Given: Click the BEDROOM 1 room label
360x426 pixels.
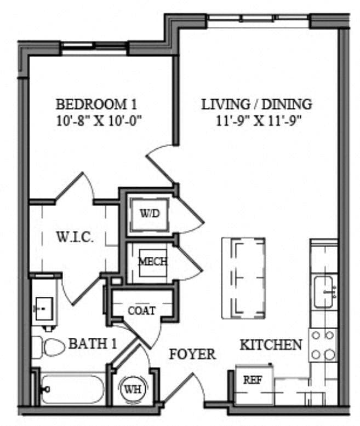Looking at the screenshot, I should click(96, 103).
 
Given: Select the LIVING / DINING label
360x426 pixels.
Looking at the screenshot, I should click(257, 103).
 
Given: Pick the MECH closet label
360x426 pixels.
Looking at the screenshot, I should click(152, 261).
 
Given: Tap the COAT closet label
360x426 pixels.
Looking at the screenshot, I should click(141, 310).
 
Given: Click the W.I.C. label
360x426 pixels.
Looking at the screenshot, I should click(75, 238).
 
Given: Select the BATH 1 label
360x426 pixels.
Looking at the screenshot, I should click(93, 344).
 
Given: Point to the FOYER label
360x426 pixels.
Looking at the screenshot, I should click(192, 354).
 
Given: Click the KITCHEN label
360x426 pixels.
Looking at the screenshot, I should click(271, 344).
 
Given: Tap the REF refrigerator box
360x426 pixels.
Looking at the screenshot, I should click(252, 381).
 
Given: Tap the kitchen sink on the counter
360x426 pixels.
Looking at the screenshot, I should click(325, 291).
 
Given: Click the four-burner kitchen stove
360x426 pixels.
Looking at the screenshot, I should click(323, 345).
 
